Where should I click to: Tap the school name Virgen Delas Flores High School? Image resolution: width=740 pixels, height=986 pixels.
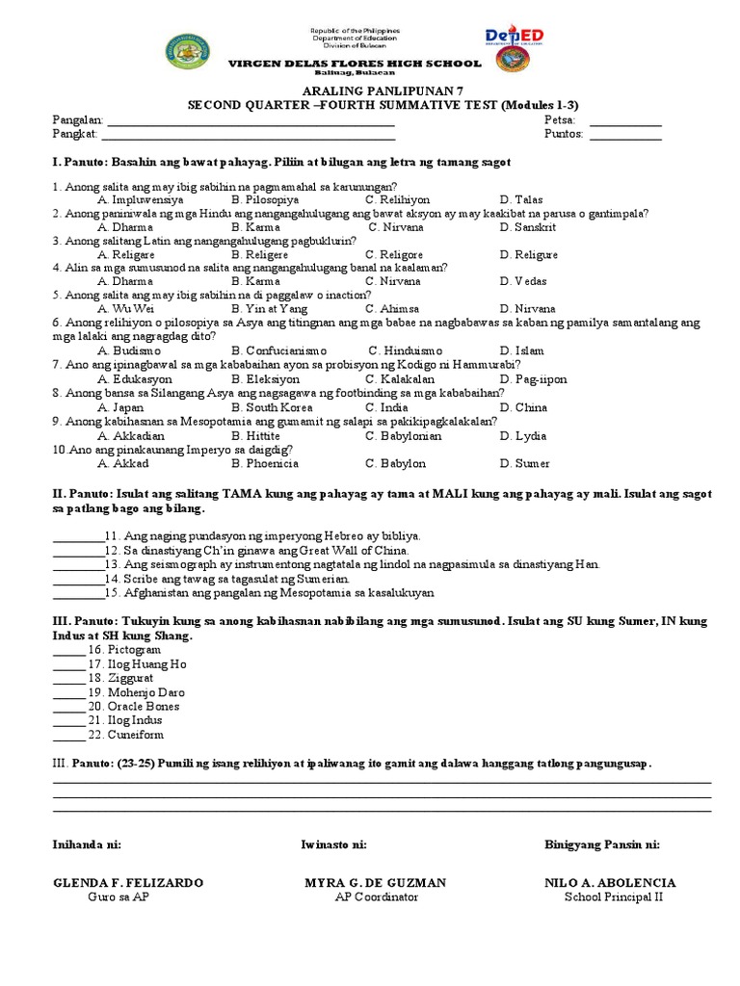(x=354, y=64)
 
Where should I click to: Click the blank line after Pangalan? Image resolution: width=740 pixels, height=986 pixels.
(x=251, y=122)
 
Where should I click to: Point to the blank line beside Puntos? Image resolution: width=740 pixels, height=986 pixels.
(x=625, y=136)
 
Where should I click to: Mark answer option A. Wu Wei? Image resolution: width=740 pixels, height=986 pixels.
(x=126, y=309)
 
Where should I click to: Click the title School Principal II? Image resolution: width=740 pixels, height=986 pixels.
(x=614, y=897)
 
